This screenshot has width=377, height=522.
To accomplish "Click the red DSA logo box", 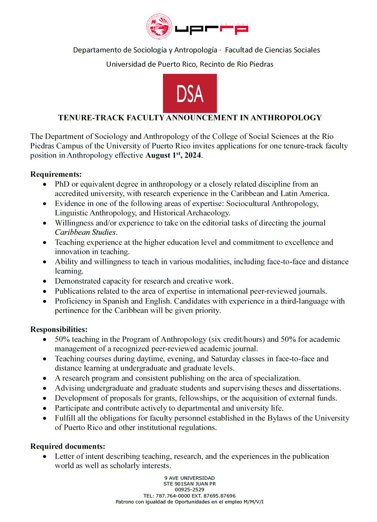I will (189, 94).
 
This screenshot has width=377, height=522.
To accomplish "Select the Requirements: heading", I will (56, 174).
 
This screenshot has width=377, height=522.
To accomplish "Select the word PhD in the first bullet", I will (62, 184).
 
